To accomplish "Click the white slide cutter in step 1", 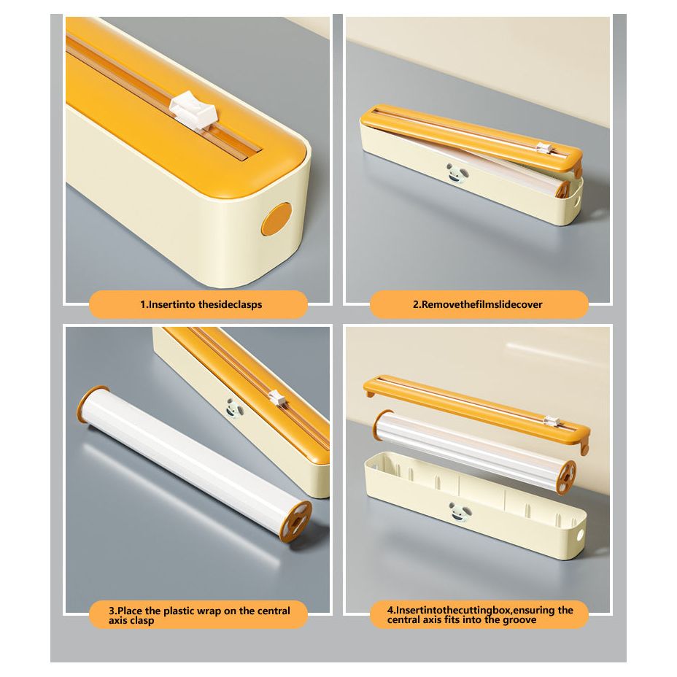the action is click(x=193, y=111).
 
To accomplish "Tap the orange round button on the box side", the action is click(x=276, y=219).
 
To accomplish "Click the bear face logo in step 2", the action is click(x=457, y=174).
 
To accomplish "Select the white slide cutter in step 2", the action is click(x=543, y=148).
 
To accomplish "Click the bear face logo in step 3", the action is click(x=235, y=408).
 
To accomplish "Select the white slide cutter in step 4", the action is click(x=552, y=420).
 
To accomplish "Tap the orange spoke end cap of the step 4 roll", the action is click(x=566, y=477).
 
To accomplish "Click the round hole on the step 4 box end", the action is click(x=580, y=535).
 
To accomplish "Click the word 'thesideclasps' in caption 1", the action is click(x=230, y=304).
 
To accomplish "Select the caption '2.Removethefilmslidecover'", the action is click(x=477, y=304).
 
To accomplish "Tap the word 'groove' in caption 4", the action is click(x=519, y=620).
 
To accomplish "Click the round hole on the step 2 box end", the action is click(x=577, y=201).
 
